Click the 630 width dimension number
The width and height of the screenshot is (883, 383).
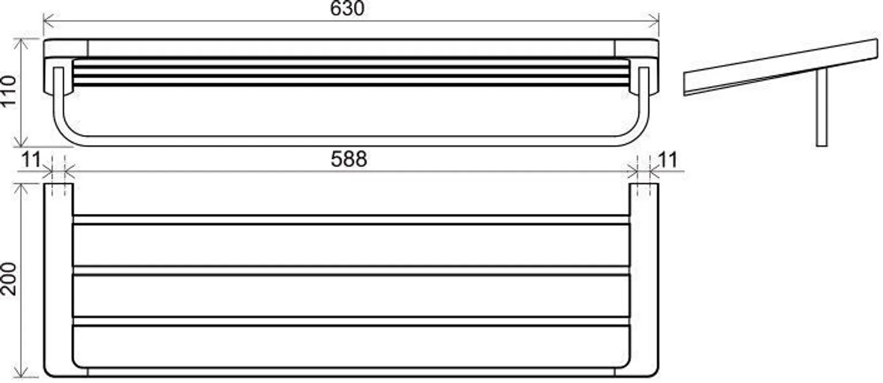click(x=347, y=9)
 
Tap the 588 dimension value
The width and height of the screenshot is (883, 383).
click(x=348, y=159)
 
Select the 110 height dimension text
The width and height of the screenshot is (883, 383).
click(x=9, y=91)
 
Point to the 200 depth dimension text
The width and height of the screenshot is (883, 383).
click(x=9, y=279)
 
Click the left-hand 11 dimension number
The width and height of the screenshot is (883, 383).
click(x=30, y=160)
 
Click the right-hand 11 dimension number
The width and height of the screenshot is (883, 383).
click(x=667, y=160)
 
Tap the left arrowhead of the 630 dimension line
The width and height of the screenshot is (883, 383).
click(x=48, y=21)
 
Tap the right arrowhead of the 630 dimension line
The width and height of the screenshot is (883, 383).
click(x=653, y=21)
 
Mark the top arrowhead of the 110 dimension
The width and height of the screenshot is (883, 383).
click(x=21, y=43)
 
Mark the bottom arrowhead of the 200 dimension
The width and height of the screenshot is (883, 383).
click(x=21, y=371)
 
